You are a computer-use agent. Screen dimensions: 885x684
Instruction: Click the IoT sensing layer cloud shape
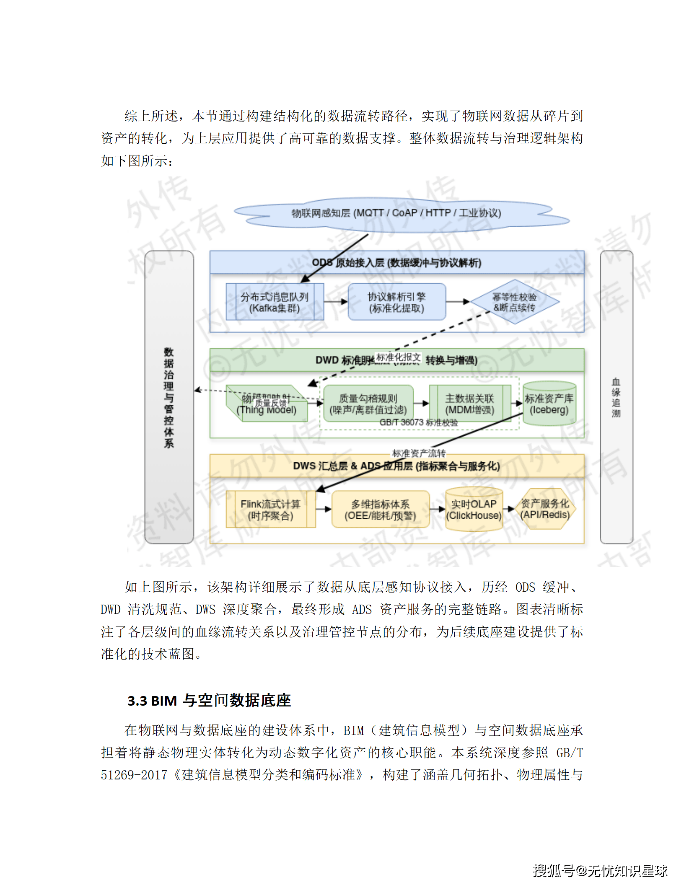point(396,213)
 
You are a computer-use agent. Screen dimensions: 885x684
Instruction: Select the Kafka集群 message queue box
point(275,302)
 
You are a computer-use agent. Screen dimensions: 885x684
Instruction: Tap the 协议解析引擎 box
point(396,302)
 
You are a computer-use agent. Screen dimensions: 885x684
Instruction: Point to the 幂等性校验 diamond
point(515,302)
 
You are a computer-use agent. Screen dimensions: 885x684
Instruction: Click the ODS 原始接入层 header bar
point(396,263)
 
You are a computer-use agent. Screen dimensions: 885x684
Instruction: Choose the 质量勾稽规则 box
point(368,404)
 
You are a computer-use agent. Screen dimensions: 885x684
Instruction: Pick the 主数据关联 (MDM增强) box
point(469,404)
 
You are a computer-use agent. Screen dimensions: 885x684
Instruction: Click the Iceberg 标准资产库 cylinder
point(549,404)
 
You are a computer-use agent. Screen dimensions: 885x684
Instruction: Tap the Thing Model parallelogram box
point(267,404)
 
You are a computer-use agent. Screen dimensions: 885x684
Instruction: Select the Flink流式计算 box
point(270,510)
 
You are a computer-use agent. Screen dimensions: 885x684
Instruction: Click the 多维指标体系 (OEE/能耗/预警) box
point(380,510)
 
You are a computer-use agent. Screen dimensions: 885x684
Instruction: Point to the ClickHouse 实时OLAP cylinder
point(474,510)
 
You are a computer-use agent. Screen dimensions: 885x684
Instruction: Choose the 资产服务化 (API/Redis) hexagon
point(545,509)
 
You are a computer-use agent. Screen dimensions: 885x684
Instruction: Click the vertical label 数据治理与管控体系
point(169,397)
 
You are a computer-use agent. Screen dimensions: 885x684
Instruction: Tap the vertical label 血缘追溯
point(616,397)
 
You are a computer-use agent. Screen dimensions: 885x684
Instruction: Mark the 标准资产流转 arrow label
point(419,453)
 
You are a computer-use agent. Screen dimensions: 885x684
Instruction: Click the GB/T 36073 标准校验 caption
point(418,422)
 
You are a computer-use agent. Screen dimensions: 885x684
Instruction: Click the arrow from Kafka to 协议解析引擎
point(336,302)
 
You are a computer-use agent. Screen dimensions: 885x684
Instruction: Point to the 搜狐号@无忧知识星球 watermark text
point(600,871)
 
